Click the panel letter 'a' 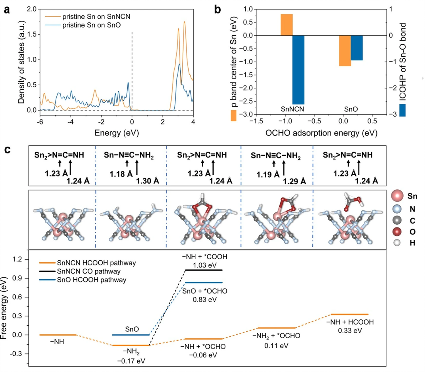(7, 10)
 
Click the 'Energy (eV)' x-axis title (116, 133)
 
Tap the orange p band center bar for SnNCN (287, 25)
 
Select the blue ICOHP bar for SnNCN (298, 70)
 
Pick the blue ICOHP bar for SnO (357, 48)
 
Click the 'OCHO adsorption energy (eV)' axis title (321, 133)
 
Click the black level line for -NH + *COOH (204, 270)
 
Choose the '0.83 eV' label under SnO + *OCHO (205, 300)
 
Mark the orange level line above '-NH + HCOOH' (349, 314)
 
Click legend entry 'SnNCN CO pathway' (88, 271)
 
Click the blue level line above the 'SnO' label (131, 335)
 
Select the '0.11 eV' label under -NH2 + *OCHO (277, 345)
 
